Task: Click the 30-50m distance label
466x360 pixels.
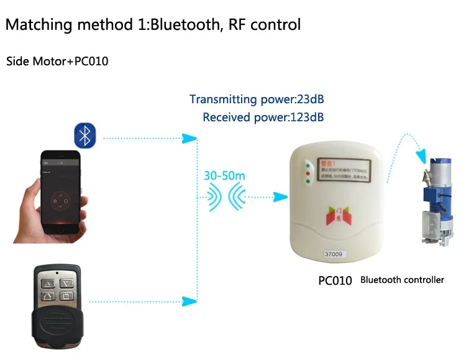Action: (x=224, y=176)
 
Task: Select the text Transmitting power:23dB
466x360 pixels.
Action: (x=257, y=99)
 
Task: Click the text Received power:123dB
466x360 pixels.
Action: (x=263, y=117)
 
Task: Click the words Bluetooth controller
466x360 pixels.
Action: (x=402, y=280)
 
